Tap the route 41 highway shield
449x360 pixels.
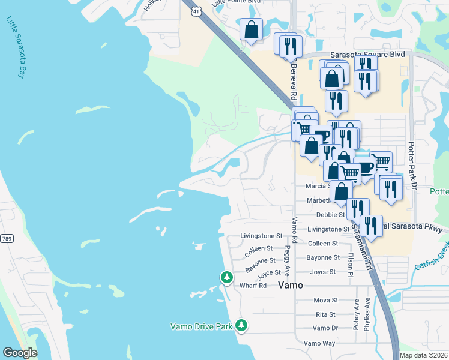coord(196,11)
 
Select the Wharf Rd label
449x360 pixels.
coord(253,286)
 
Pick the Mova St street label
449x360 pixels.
coord(326,300)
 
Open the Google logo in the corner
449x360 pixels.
coord(20,352)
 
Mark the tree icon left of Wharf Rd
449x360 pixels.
coord(226,277)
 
